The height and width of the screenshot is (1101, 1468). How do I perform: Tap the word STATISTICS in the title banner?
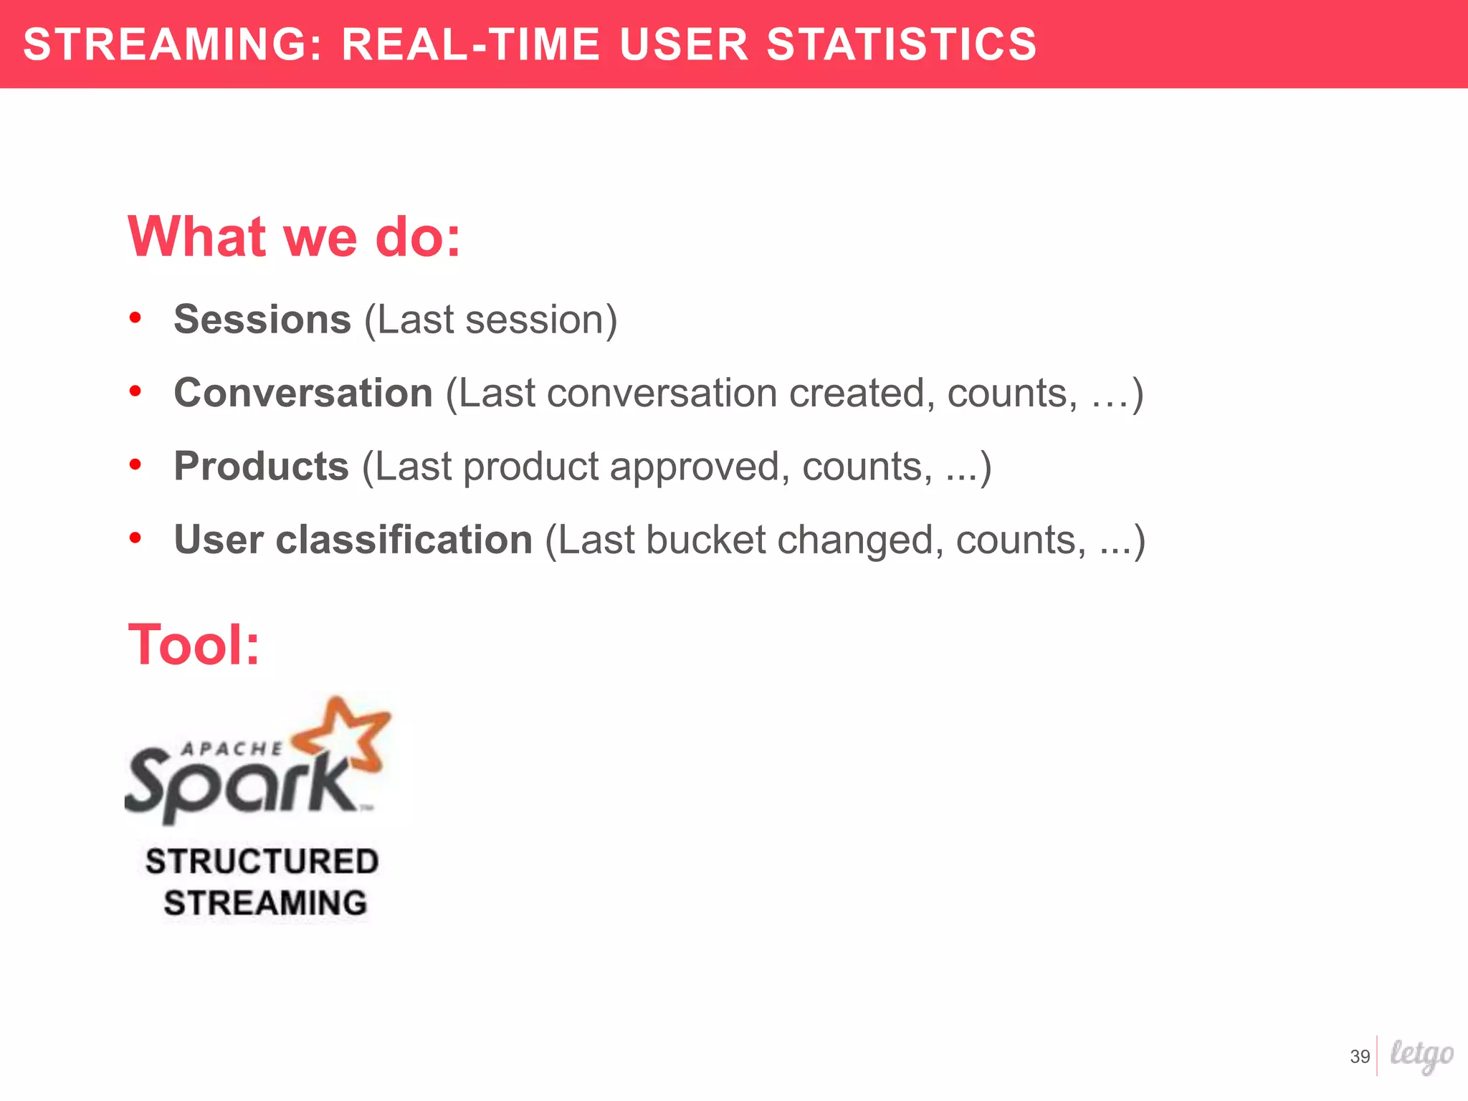coord(902,44)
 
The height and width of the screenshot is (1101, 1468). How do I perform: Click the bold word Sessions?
coord(262,319)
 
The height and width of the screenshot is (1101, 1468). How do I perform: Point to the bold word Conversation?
coord(303,393)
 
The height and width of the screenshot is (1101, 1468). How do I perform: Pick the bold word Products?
coord(261,467)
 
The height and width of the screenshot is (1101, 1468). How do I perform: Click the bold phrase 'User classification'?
coord(353,540)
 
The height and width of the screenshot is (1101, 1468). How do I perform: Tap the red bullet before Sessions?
coord(135,318)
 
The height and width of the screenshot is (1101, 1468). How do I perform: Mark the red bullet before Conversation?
coord(135,391)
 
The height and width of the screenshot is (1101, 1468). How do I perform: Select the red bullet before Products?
coord(135,465)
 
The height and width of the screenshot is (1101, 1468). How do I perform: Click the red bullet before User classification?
coord(135,538)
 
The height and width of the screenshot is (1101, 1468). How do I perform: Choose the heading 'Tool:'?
coord(194,644)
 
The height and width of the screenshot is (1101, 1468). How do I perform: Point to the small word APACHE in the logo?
coord(232,749)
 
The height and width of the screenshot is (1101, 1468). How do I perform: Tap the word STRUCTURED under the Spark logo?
coord(262,862)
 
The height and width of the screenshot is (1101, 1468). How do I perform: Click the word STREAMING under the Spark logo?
coord(265,903)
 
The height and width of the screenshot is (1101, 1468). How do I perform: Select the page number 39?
coord(1360,1057)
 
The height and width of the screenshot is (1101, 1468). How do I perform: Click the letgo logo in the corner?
coord(1421,1055)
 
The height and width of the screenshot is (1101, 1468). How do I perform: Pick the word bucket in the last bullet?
coord(705,540)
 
